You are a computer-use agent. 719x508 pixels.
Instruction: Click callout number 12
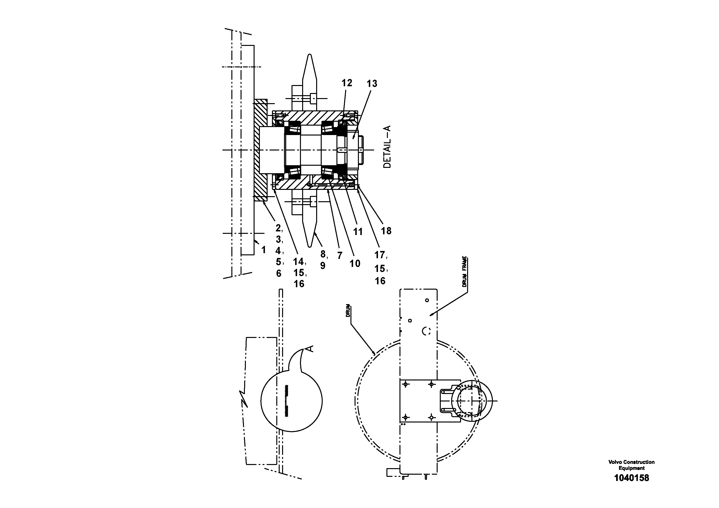tap(347, 83)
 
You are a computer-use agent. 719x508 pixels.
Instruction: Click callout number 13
tap(372, 84)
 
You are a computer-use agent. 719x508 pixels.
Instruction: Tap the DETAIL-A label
tap(387, 147)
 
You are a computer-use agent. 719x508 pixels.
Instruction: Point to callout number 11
tap(358, 232)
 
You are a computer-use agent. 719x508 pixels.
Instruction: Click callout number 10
tap(355, 264)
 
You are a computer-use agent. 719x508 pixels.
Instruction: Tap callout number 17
tap(379, 255)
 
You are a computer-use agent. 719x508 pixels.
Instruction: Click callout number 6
tap(279, 273)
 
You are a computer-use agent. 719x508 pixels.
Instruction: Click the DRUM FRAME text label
tap(464, 272)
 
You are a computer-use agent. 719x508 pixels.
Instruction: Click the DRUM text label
tap(348, 311)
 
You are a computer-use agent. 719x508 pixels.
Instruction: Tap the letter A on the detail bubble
tap(309, 349)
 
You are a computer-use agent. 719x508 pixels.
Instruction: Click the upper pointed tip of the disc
tap(309, 56)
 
